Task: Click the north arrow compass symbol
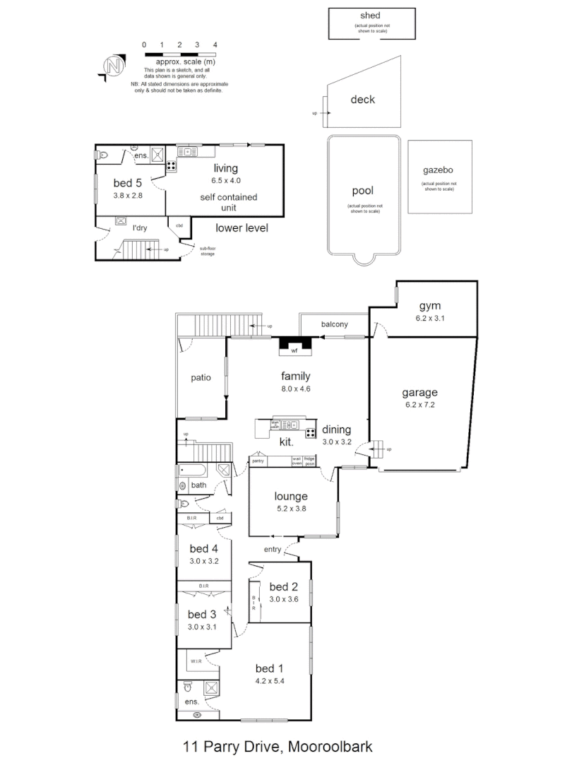click(x=113, y=65)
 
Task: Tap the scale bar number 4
click(x=215, y=45)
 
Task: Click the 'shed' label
click(x=369, y=16)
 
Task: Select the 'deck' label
click(x=362, y=100)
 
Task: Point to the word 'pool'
click(x=362, y=191)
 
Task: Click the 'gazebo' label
click(x=439, y=170)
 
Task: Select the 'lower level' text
click(x=242, y=227)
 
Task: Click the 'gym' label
click(x=429, y=306)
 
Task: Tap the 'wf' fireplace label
click(x=294, y=350)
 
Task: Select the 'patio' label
click(x=201, y=377)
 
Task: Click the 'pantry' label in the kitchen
click(x=258, y=461)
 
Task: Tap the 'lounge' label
click(x=291, y=496)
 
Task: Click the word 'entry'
click(x=273, y=550)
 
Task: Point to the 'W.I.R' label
click(x=196, y=661)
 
